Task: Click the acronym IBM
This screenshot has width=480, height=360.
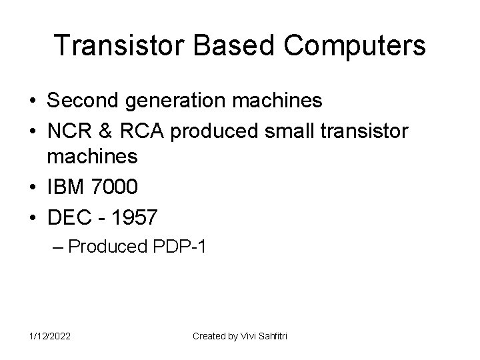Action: [65, 187]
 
